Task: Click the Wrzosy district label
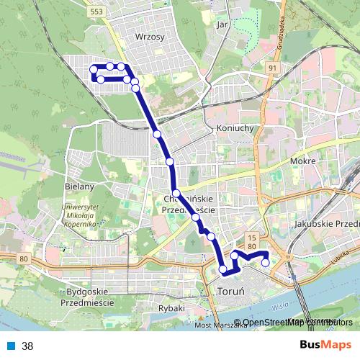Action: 150,35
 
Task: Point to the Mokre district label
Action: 303,161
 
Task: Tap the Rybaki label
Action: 171,308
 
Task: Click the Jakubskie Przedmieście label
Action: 327,224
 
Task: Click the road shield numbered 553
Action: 96,12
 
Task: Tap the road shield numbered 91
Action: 271,68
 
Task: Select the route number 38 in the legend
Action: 27,346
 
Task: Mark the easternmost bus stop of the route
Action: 265,262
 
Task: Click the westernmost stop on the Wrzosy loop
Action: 93,69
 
